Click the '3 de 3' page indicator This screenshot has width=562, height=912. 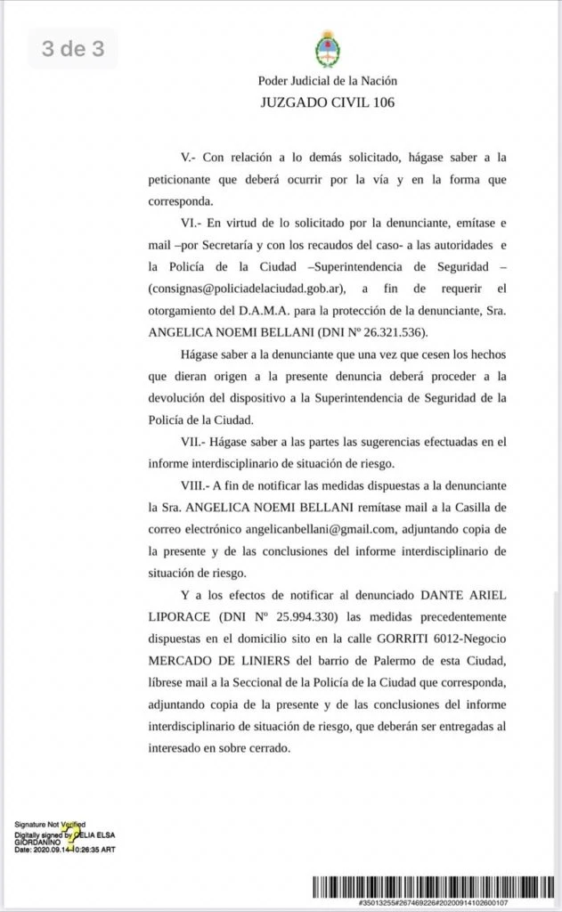pyautogui.click(x=73, y=49)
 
